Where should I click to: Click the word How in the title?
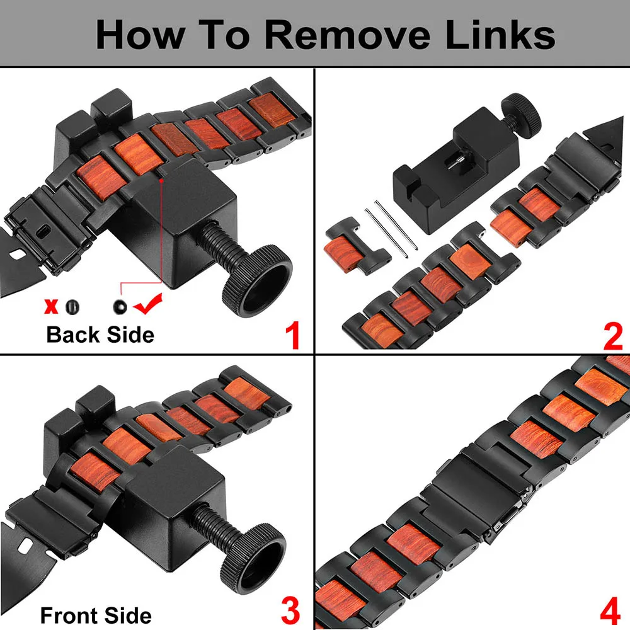pyautogui.click(x=140, y=34)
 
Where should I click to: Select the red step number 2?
pyautogui.click(x=613, y=337)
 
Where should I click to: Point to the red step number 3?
pyautogui.click(x=290, y=610)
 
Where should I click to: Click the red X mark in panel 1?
pyautogui.click(x=51, y=307)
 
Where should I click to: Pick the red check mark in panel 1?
pyautogui.click(x=148, y=304)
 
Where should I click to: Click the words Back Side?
pyautogui.click(x=100, y=335)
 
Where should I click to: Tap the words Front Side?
pyautogui.click(x=96, y=616)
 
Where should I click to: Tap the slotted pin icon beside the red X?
pyautogui.click(x=72, y=307)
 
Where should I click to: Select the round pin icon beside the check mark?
pyautogui.click(x=120, y=307)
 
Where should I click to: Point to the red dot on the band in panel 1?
pyautogui.click(x=161, y=181)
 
